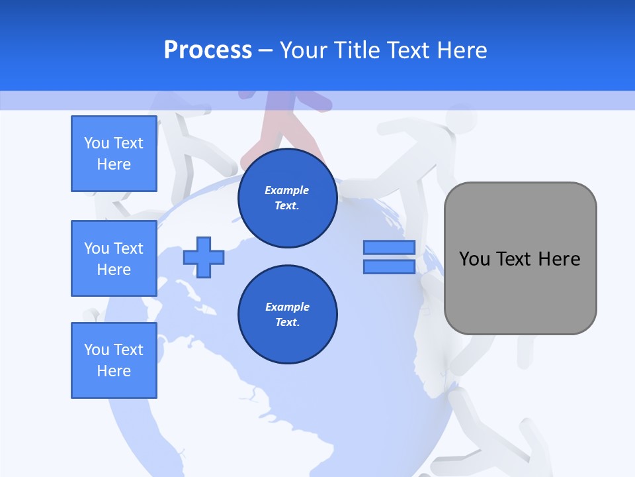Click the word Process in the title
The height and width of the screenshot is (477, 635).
(x=208, y=50)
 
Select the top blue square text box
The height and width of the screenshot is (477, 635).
(x=114, y=154)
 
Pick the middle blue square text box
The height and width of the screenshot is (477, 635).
(x=114, y=258)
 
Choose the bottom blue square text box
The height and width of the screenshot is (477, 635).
(x=114, y=360)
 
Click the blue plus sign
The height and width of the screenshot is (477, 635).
(x=204, y=257)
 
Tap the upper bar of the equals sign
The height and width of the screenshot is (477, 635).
(x=389, y=247)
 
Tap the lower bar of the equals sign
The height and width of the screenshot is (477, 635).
(x=389, y=266)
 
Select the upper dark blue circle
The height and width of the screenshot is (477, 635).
(x=288, y=198)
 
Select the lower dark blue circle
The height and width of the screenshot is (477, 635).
(x=288, y=315)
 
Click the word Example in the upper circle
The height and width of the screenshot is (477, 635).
(x=287, y=190)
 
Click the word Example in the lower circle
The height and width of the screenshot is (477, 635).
(x=287, y=307)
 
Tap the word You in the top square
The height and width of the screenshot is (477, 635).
(x=97, y=143)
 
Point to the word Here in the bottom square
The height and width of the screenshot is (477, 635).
(x=114, y=371)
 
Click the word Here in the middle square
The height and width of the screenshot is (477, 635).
(x=114, y=270)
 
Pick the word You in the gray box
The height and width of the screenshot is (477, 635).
(x=474, y=259)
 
